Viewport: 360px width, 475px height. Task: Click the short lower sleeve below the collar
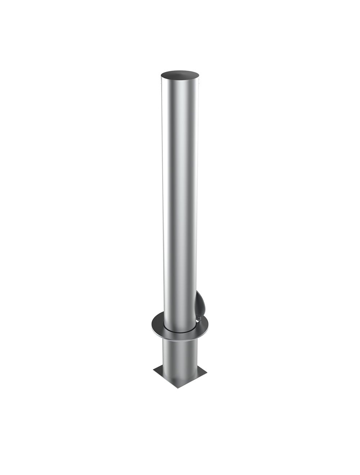(x=180, y=354)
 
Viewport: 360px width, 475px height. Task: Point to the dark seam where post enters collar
(x=180, y=330)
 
